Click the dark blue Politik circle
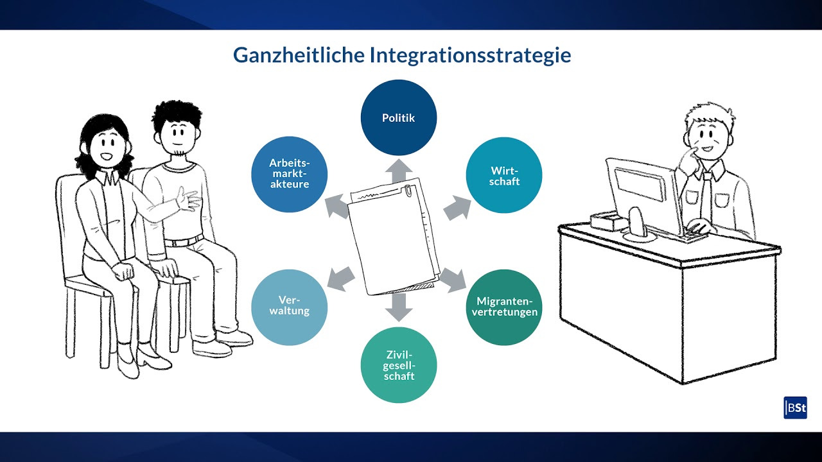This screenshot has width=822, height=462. pyautogui.click(x=399, y=117)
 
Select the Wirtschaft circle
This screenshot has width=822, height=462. pyautogui.click(x=504, y=175)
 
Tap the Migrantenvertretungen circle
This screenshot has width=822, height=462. pyautogui.click(x=504, y=307)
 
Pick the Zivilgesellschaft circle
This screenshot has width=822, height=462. pyautogui.click(x=399, y=365)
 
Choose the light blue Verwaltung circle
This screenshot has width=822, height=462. pyautogui.click(x=289, y=307)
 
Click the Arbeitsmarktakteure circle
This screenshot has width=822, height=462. pyautogui.click(x=289, y=175)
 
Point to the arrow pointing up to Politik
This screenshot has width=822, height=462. pyautogui.click(x=399, y=171)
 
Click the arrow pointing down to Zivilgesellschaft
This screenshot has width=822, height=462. pyautogui.click(x=399, y=307)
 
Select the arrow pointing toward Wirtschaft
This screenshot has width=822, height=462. pyautogui.click(x=457, y=208)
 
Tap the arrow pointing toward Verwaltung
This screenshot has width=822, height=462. pyautogui.click(x=341, y=279)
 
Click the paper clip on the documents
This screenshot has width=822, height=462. pyautogui.click(x=408, y=191)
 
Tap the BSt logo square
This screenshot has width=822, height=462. pyautogui.click(x=795, y=407)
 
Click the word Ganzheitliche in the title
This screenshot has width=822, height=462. pyautogui.click(x=299, y=55)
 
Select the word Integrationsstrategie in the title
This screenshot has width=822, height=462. pyautogui.click(x=470, y=55)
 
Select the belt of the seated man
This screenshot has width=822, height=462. pyautogui.click(x=184, y=241)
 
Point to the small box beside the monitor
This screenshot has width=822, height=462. pyautogui.click(x=608, y=221)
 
